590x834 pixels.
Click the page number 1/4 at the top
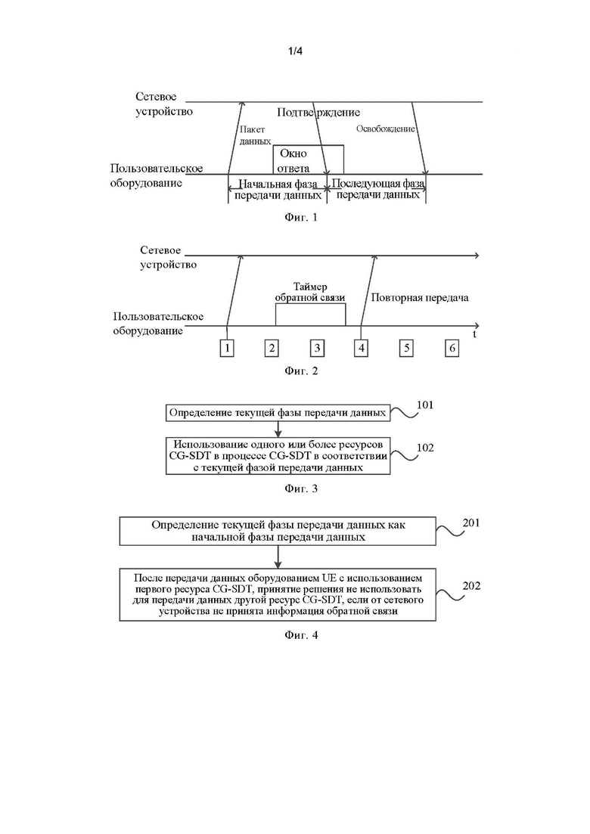coord(295,51)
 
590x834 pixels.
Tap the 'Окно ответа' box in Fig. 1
coord(308,160)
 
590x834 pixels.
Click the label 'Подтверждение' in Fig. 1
coord(318,112)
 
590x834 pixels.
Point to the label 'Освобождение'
coord(386,129)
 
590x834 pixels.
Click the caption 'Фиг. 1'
coord(301,217)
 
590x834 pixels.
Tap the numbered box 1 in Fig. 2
coord(227,349)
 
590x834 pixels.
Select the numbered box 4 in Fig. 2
coord(362,349)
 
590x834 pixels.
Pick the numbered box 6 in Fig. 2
coord(452,349)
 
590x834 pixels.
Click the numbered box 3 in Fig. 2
coord(317,349)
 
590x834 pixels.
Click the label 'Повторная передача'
coord(420,297)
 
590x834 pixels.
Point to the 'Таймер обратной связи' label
coord(310,292)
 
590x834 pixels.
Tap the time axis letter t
coord(474,334)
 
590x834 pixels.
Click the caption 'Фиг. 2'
coord(301,370)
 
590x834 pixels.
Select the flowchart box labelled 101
coord(278,413)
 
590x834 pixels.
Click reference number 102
coord(425,448)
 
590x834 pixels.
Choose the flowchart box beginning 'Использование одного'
coord(278,456)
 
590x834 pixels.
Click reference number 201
coord(471,522)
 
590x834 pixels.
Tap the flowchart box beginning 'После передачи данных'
coord(278,594)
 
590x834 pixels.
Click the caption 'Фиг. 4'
coord(301,634)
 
